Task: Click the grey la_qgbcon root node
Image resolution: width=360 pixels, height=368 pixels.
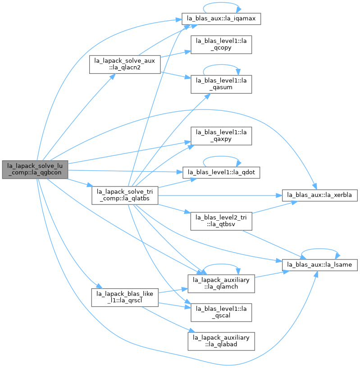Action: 35,169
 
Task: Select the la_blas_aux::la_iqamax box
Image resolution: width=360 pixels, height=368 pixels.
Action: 221,19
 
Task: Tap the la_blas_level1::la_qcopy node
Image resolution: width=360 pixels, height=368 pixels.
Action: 221,45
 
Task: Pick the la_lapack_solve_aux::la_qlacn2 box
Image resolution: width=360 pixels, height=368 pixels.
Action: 125,64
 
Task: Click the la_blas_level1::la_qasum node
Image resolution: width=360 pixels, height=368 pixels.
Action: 221,84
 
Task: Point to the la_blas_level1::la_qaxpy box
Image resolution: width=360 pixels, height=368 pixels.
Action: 221,136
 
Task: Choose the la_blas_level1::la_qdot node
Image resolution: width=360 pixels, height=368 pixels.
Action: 221,173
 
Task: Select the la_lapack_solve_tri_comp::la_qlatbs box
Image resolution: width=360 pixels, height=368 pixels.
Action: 125,195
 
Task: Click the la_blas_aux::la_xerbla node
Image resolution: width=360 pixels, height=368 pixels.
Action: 319,195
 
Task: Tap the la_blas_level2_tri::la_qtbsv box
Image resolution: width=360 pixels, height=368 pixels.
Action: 221,221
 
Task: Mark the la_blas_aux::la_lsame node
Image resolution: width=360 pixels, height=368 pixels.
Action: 319,265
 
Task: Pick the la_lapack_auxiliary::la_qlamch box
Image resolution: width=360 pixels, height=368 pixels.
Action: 221,284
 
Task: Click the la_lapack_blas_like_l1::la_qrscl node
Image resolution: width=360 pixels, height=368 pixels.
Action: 125,297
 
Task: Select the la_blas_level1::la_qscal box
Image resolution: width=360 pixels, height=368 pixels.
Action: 221,313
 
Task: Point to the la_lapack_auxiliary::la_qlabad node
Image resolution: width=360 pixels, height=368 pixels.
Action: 221,341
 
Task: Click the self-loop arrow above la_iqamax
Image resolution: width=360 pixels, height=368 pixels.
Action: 221,3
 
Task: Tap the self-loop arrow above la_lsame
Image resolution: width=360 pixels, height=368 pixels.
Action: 319,249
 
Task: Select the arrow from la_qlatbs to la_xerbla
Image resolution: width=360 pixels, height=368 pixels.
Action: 220,195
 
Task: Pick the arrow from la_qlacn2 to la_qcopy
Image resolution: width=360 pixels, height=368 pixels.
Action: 176,54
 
